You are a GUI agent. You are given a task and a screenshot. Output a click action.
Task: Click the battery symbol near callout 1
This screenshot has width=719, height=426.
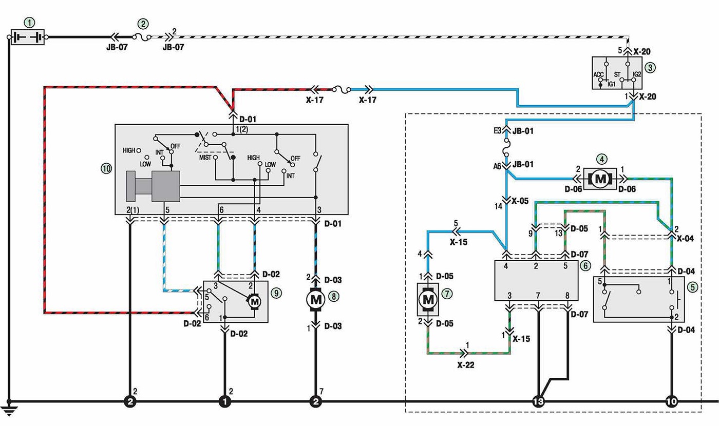(x=28, y=37)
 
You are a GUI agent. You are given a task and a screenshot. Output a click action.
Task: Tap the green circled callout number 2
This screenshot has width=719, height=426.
(x=143, y=24)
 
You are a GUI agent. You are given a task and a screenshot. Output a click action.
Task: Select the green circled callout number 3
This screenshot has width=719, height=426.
(x=650, y=68)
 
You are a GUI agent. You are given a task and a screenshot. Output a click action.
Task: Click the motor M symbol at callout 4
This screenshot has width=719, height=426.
(x=600, y=179)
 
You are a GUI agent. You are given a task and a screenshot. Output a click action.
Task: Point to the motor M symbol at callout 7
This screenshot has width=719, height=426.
(x=428, y=300)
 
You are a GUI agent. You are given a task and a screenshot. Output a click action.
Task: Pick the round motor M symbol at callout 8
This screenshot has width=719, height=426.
(x=316, y=300)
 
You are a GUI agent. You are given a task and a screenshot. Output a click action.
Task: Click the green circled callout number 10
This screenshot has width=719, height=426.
(x=106, y=168)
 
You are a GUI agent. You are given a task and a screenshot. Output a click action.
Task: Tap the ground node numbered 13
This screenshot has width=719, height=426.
(x=539, y=401)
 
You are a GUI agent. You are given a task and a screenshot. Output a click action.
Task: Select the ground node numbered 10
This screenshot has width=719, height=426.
(x=672, y=401)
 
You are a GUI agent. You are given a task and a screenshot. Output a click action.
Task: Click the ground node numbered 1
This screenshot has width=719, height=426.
(x=225, y=401)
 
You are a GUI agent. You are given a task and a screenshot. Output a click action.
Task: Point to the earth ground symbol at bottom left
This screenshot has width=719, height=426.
(x=9, y=411)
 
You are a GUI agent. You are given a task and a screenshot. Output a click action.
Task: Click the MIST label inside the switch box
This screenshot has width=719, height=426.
(x=205, y=158)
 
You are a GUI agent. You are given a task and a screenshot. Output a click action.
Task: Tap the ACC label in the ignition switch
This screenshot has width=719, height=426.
(x=598, y=75)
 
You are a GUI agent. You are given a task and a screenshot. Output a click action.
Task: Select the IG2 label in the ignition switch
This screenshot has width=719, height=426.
(x=637, y=74)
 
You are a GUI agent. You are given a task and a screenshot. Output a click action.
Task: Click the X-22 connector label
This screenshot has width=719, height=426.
(x=466, y=365)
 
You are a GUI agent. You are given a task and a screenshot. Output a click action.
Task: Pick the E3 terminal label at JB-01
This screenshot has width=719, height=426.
(x=497, y=131)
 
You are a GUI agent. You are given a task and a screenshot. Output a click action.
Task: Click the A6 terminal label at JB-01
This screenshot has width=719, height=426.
(x=497, y=166)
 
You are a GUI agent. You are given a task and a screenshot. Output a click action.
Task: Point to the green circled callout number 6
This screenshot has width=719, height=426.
(x=585, y=265)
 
